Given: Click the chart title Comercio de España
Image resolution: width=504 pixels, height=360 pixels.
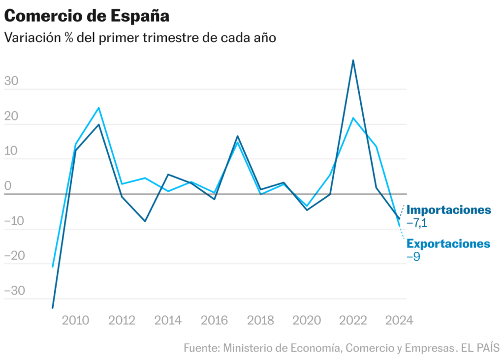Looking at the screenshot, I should [x=87, y=16].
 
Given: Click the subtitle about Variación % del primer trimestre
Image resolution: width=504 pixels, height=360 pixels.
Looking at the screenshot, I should [x=140, y=38].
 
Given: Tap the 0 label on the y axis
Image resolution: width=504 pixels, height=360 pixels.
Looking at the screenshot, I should [x=7, y=186].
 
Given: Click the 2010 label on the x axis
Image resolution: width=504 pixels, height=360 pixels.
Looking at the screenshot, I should [x=75, y=321].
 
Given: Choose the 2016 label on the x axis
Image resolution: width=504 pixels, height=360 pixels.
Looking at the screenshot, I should [x=214, y=321].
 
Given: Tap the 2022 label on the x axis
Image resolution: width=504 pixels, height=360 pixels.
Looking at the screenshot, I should [x=353, y=321].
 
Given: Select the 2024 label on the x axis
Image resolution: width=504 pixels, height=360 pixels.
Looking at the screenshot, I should [x=399, y=321].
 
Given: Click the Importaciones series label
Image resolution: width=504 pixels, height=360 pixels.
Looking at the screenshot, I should [x=448, y=210].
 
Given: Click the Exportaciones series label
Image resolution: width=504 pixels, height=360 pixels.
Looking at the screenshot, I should [x=448, y=244].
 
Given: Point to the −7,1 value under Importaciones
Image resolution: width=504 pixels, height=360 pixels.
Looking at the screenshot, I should [x=417, y=223].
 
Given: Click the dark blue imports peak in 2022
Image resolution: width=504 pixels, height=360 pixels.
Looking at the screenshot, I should [x=353, y=60].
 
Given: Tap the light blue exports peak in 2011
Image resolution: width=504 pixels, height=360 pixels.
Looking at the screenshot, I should [x=98, y=108].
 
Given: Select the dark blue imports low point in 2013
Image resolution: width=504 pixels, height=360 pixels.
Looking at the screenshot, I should [x=145, y=221].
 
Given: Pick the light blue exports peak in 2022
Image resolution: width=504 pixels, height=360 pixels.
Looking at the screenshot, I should [x=353, y=118].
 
